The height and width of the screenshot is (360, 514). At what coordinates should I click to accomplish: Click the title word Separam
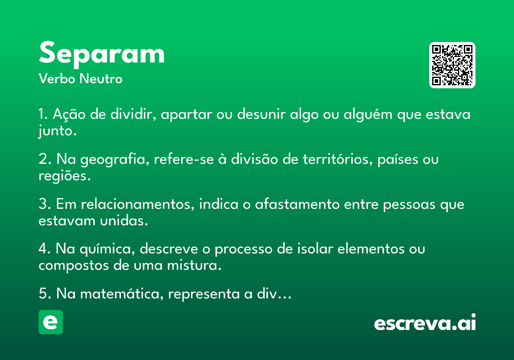[102, 54]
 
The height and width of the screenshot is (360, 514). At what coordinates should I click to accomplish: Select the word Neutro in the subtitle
[101, 79]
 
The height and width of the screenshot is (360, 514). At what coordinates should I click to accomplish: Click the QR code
[452, 65]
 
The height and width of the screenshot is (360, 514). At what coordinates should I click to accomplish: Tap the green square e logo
[51, 322]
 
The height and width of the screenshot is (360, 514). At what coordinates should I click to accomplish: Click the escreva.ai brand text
[425, 322]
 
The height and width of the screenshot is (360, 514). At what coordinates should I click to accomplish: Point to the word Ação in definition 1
[69, 114]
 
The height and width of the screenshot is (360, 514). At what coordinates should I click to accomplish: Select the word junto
[57, 131]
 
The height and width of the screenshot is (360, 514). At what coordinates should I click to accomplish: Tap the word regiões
[65, 176]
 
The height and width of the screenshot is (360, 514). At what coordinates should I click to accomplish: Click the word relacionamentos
[137, 204]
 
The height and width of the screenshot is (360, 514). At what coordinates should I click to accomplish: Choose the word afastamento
[297, 204]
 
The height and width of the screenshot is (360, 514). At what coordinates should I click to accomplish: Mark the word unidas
[124, 221]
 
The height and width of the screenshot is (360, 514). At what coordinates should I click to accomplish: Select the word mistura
[194, 265]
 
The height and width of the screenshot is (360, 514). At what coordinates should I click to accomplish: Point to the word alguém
[368, 114]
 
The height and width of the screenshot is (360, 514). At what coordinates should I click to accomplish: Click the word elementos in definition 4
[371, 249]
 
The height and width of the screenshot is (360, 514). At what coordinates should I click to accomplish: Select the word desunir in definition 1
[261, 114]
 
